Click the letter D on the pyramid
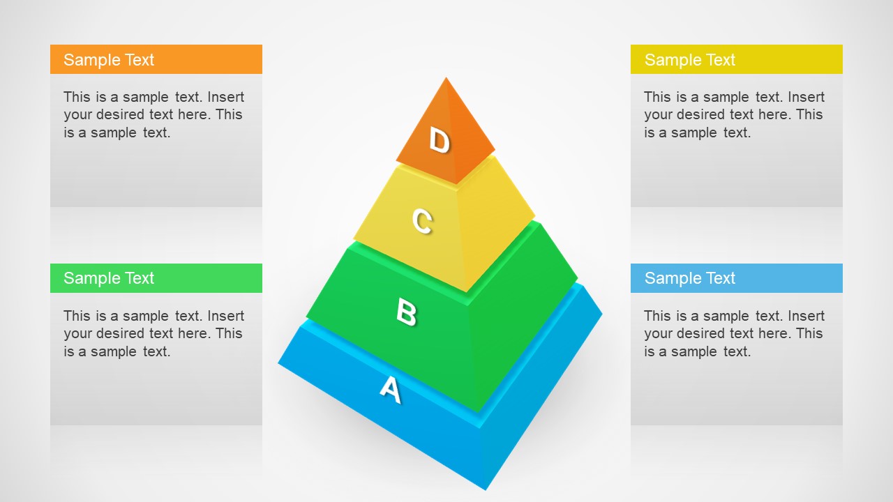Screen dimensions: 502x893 [439, 141]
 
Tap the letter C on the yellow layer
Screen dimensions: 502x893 [422, 221]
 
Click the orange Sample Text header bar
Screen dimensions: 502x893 [156, 59]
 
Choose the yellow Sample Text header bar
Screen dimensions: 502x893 [737, 59]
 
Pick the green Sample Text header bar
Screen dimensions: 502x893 [156, 278]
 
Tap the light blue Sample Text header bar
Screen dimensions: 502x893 [737, 278]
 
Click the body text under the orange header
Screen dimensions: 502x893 [153, 114]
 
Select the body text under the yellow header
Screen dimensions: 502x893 [734, 114]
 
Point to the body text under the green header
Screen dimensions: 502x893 [153, 333]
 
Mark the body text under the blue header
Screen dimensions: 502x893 [734, 333]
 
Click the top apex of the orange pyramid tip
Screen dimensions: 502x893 [446, 77]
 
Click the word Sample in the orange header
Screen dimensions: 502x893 [85, 60]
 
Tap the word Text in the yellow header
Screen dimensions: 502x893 [720, 60]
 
